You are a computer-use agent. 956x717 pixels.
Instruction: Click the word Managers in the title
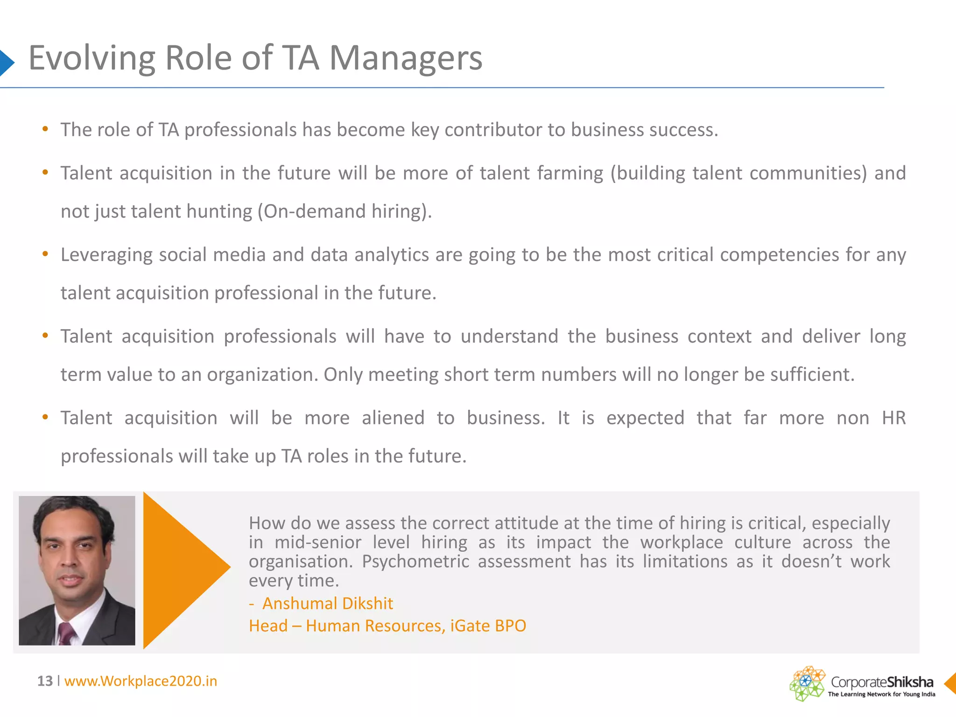click(x=406, y=58)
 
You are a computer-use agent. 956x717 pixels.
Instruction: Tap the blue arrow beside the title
click(x=6, y=62)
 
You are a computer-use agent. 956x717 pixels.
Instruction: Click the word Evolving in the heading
click(x=91, y=58)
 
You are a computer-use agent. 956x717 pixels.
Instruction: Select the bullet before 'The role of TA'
click(x=45, y=129)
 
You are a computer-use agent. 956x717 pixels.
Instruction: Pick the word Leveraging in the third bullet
click(x=106, y=255)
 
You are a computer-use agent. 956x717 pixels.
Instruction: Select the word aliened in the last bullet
click(x=393, y=418)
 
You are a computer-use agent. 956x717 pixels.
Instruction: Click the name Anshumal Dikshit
click(x=328, y=604)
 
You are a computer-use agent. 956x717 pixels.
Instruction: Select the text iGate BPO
click(x=488, y=626)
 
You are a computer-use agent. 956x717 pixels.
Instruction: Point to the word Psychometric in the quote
click(x=415, y=562)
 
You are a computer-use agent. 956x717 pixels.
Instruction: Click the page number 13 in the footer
click(x=45, y=681)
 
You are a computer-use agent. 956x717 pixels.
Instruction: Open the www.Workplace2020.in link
click(x=141, y=681)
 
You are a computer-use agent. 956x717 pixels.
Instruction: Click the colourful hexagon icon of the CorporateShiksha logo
click(x=807, y=683)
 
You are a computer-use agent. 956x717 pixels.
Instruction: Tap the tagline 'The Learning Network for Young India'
click(x=881, y=694)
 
